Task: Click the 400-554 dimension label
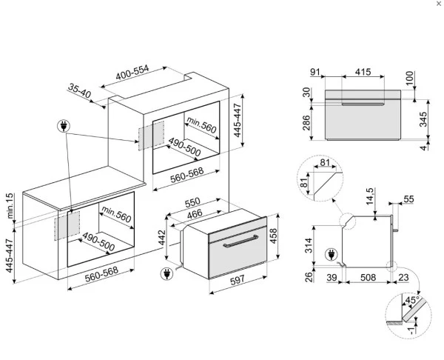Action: pyautogui.click(x=132, y=73)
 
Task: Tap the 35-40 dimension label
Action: pyautogui.click(x=80, y=90)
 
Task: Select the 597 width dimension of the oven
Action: pyautogui.click(x=238, y=280)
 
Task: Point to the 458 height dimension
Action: pyautogui.click(x=273, y=236)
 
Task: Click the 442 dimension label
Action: pyautogui.click(x=161, y=238)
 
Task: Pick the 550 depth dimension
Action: pyautogui.click(x=192, y=203)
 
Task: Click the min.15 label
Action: pyautogui.click(x=10, y=206)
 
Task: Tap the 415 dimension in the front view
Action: pyautogui.click(x=363, y=72)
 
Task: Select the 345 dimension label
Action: pyautogui.click(x=423, y=119)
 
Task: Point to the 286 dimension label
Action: pyautogui.click(x=306, y=123)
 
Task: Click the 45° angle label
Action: pyautogui.click(x=412, y=300)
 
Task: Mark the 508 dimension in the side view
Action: pyautogui.click(x=368, y=277)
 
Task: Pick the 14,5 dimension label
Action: pyautogui.click(x=370, y=196)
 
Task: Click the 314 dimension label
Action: pyautogui.click(x=309, y=245)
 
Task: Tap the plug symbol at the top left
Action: pyautogui.click(x=64, y=126)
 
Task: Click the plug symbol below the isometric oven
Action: pyautogui.click(x=166, y=274)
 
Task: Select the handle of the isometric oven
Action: pyautogui.click(x=240, y=241)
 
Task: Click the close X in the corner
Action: pyautogui.click(x=439, y=4)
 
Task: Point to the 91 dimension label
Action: pyautogui.click(x=315, y=72)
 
